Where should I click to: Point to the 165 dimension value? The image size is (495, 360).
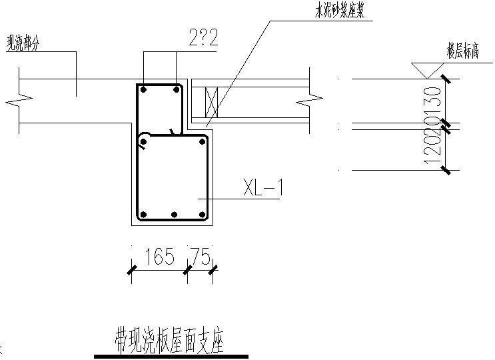click(159, 257)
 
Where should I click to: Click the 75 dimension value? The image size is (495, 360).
click(201, 257)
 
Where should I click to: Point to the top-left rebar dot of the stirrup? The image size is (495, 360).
click(143, 88)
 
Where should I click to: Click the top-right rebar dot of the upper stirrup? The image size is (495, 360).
click(176, 88)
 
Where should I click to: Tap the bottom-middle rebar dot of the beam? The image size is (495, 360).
click(173, 215)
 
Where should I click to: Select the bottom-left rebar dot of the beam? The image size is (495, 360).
click(143, 215)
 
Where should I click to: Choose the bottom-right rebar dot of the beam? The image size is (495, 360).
click(203, 215)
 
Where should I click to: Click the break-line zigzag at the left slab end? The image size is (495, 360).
click(15, 102)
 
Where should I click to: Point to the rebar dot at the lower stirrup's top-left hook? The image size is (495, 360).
click(144, 141)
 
